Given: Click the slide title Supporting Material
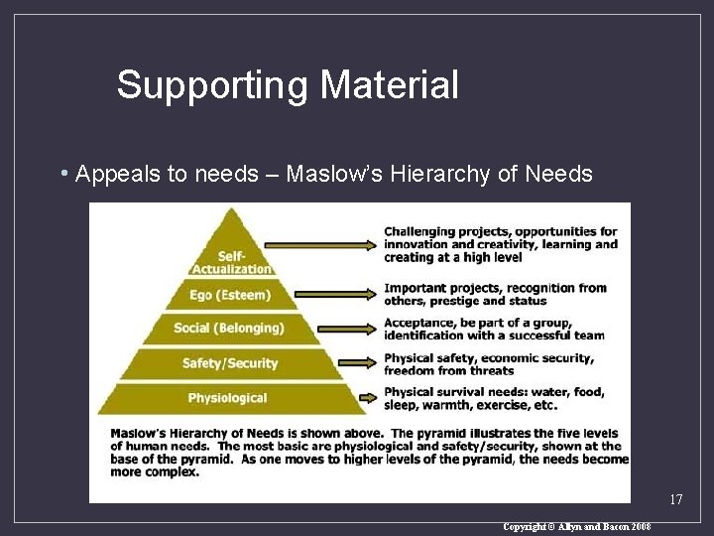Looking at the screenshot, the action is pos(288,85).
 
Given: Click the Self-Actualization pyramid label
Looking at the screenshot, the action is pos(231,263).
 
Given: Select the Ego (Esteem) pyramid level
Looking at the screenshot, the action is pos(229,295).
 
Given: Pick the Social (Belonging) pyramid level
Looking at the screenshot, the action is pos(228,329).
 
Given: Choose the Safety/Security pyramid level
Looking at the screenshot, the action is pos(230,363).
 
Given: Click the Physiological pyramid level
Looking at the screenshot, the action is pos(228,398).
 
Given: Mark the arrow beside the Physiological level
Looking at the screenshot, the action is pos(369,398).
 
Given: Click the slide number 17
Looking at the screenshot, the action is pos(676,499).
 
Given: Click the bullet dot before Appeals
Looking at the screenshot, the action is pos(63,175).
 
